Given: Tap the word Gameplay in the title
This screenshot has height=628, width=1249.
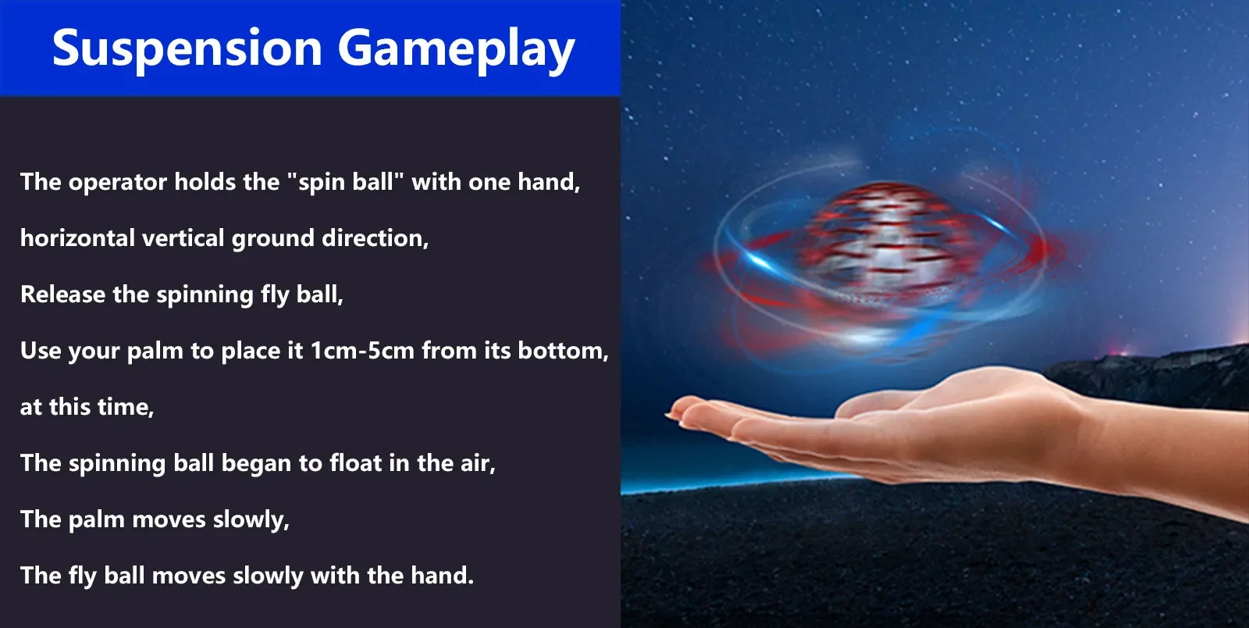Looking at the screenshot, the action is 456,49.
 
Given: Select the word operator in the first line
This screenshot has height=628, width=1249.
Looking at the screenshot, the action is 118,183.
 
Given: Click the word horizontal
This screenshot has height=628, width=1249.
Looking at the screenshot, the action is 77,238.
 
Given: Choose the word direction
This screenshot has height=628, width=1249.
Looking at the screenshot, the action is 375,239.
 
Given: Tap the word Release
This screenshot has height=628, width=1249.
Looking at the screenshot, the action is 62,294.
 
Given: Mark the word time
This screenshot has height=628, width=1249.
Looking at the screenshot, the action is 129,407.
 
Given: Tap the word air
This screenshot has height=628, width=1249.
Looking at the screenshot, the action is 478,464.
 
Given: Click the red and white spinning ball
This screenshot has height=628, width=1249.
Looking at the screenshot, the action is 887,245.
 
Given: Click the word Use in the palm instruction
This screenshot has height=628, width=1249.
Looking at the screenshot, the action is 39,351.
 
